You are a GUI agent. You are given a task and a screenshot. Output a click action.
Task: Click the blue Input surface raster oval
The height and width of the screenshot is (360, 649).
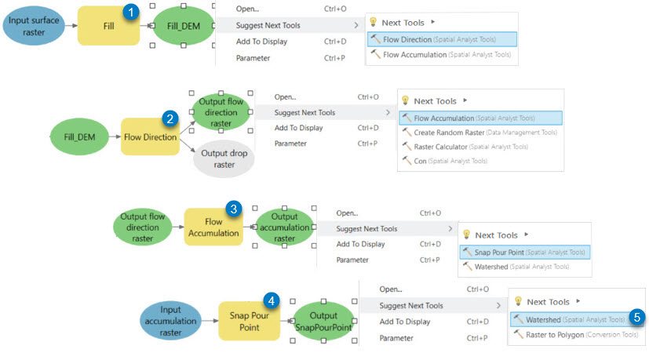point(38,26)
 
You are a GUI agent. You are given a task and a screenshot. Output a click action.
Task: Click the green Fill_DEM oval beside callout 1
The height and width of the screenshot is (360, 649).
point(184,27)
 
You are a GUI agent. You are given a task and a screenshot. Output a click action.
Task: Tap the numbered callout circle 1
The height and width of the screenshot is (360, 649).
point(133,11)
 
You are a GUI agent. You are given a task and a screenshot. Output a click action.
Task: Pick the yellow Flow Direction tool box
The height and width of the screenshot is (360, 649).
point(150,137)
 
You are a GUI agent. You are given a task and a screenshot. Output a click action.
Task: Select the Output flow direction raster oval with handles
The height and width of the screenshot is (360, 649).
point(221,112)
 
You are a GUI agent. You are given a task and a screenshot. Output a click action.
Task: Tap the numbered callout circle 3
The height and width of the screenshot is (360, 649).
point(232,209)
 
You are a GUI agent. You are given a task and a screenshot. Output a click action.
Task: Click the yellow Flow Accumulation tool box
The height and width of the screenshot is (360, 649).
point(213,227)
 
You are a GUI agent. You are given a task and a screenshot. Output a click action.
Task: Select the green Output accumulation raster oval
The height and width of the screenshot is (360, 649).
point(284,227)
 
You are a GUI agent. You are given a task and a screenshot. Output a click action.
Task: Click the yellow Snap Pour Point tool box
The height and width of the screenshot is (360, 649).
point(249,320)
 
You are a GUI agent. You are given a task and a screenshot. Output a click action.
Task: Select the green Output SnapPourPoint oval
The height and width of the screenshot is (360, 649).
point(323,322)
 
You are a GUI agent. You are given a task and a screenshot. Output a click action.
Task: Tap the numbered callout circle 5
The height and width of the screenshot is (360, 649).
point(638,318)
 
